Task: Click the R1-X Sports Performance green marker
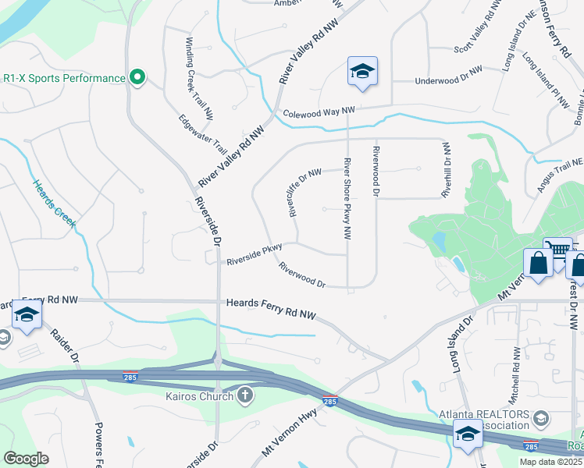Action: click(137, 78)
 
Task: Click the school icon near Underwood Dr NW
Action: click(362, 72)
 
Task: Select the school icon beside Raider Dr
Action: click(27, 314)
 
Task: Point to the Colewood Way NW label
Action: click(319, 113)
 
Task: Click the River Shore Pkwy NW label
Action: click(344, 198)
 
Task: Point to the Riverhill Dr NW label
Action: click(446, 169)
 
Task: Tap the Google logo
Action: click(27, 458)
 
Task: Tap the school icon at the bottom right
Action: click(468, 434)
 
